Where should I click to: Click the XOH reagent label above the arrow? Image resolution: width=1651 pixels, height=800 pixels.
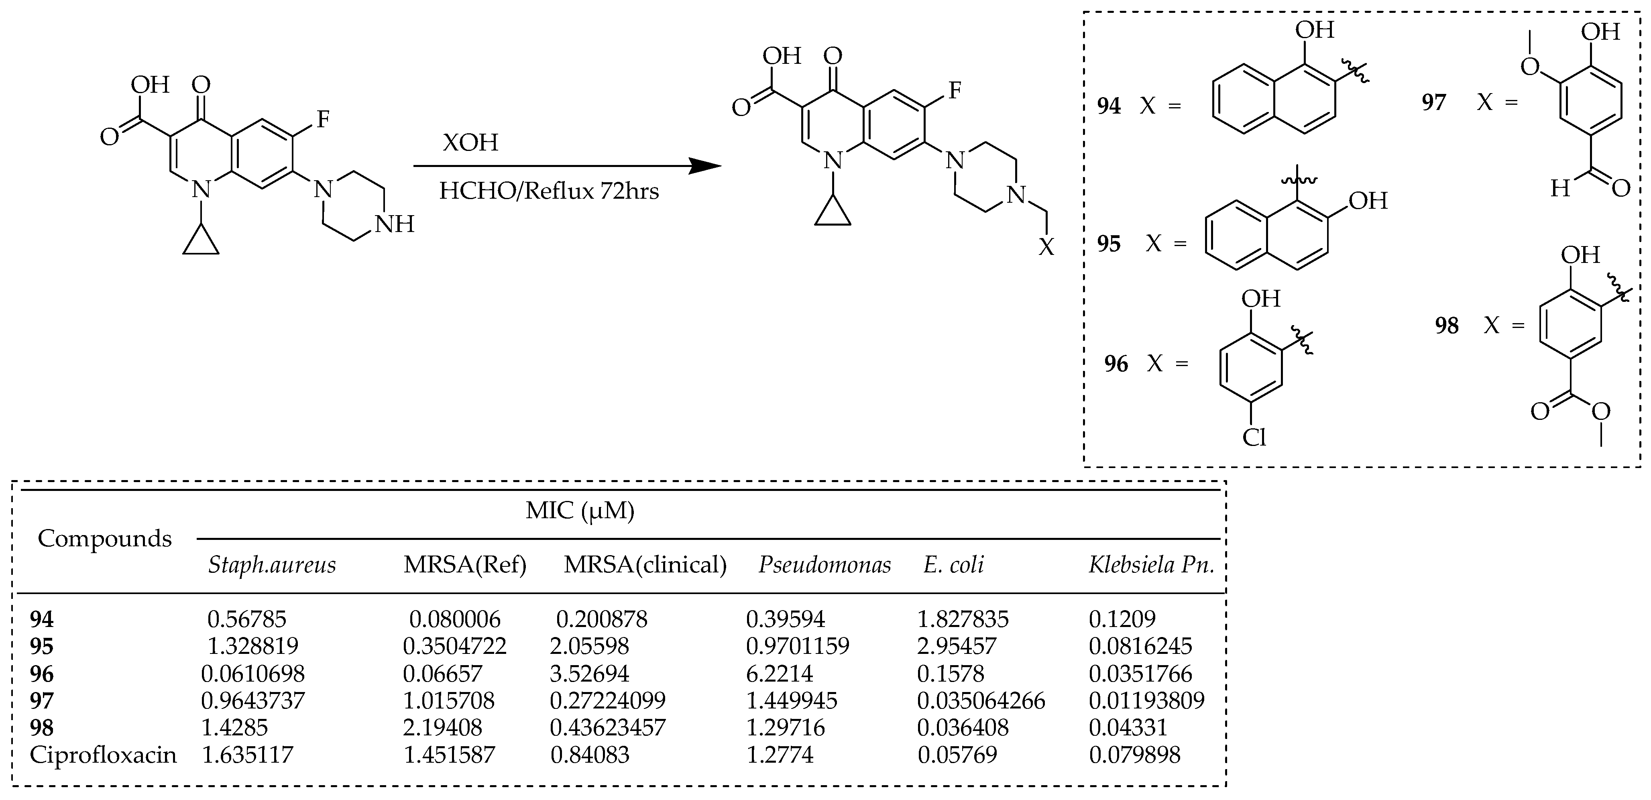coord(470,142)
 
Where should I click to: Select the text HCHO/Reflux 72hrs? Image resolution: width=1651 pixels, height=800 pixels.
coord(549,191)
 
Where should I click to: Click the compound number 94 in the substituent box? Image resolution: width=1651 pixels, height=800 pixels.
coord(1109,106)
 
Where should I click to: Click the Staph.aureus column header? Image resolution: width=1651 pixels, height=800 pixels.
coord(272,565)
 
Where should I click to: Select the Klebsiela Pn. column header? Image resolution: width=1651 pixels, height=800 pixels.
coord(1151,565)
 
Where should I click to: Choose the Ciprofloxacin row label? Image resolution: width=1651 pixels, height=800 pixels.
coord(102,755)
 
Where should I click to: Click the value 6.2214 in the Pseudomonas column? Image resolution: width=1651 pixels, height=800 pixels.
coord(780,674)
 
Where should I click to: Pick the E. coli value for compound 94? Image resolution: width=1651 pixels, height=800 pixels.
coord(963,619)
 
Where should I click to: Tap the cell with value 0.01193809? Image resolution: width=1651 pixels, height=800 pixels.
coord(1146,700)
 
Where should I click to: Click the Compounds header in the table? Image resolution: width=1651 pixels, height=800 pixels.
coord(104,538)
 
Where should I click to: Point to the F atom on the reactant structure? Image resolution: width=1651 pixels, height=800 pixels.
coord(323,118)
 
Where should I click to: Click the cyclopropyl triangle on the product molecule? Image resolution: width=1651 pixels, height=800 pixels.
coord(833,214)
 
